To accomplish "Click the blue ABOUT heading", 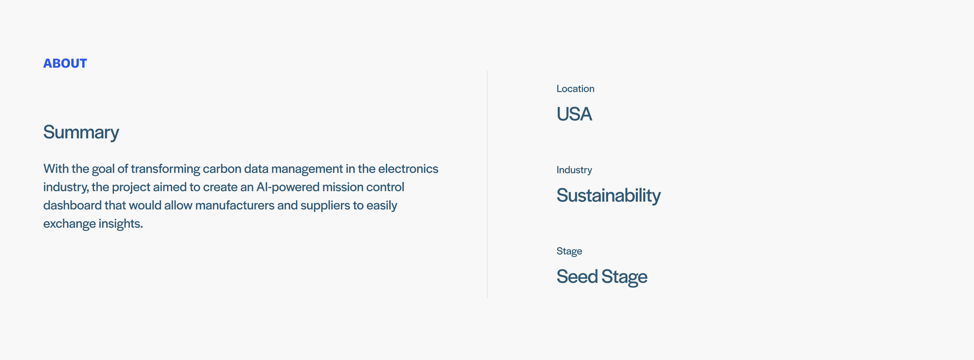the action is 65,63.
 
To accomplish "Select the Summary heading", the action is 81,132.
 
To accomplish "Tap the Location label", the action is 575,89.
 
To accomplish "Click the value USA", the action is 574,114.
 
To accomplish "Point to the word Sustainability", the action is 608,196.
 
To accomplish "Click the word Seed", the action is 577,276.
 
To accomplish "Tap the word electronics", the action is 408,168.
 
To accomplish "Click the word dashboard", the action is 72,205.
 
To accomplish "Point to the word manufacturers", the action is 234,205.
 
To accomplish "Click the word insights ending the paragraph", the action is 121,224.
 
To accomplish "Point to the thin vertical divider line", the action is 487,184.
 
